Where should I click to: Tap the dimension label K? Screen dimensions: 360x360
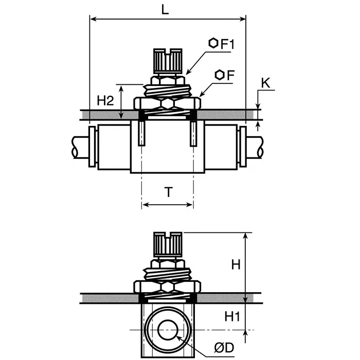click(265, 83)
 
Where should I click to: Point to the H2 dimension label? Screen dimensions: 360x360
click(105, 101)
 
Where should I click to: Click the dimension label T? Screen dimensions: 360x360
click(168, 192)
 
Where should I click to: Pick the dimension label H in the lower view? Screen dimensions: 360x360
click(236, 265)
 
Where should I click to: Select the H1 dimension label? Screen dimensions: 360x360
click(234, 317)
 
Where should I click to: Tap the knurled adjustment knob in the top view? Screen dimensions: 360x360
click(167, 62)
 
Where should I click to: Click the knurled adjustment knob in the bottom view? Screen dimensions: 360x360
click(167, 246)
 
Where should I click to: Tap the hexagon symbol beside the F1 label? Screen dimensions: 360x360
click(213, 44)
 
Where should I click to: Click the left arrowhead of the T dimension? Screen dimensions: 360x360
click(145, 205)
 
